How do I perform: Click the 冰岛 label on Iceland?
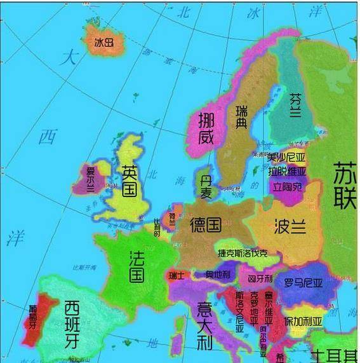pos(103,43)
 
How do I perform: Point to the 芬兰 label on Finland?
pos(296,107)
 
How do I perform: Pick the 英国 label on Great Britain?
pos(129,180)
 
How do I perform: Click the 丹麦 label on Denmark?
pos(206,184)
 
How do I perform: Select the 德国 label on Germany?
pos(205,224)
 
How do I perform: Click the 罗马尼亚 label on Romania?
pos(305,282)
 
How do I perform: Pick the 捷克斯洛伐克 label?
pos(243,253)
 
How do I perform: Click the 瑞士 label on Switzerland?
pos(177,276)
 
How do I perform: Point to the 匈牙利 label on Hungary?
pos(260,279)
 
